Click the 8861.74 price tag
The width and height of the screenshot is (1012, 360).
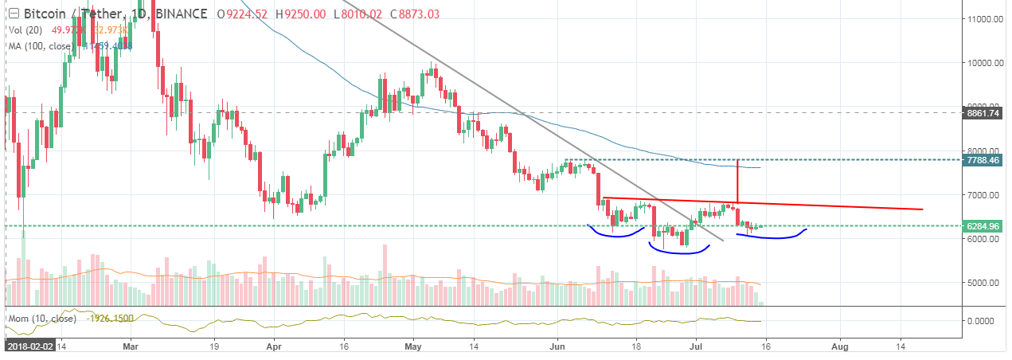tap(985, 114)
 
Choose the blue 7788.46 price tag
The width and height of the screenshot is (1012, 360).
tap(985, 160)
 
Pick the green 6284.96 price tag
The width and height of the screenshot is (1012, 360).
tap(985, 226)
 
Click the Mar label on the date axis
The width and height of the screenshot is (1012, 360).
tap(132, 346)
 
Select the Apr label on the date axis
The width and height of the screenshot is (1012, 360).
tap(273, 346)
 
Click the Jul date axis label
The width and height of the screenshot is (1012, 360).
tap(694, 346)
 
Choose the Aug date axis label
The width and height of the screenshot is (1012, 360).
tap(838, 346)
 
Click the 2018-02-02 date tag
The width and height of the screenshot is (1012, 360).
tap(28, 347)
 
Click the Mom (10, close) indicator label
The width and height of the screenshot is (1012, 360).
tap(41, 318)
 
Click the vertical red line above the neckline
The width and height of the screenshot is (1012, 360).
tap(738, 181)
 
